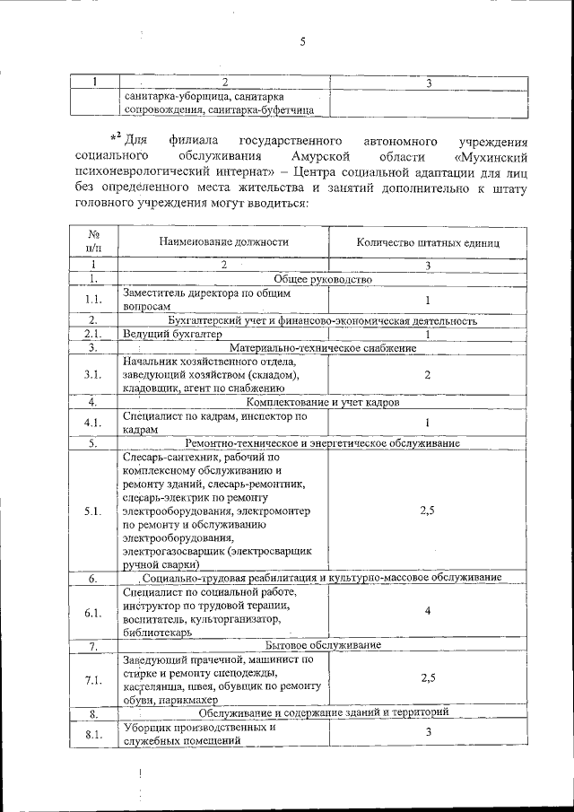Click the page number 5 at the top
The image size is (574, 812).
[303, 39]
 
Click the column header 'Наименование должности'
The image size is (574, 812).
[224, 241]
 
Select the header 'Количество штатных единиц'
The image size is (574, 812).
[428, 241]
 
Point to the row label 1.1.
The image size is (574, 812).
[92, 300]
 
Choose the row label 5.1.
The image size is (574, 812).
[92, 511]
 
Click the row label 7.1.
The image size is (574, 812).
[92, 679]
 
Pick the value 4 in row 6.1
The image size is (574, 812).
[428, 611]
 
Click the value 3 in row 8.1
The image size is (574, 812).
[428, 733]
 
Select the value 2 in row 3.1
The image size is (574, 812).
[428, 374]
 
